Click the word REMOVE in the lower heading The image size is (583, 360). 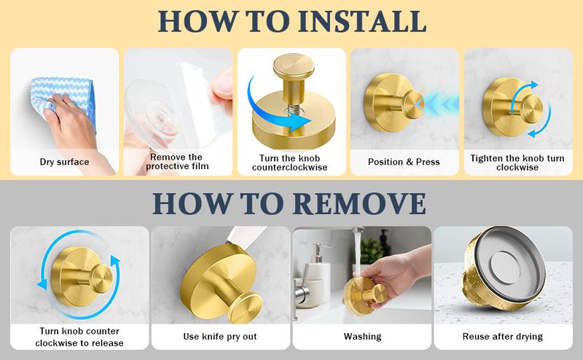(x=359, y=203)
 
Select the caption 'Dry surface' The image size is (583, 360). (x=64, y=162)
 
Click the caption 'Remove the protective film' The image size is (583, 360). (x=177, y=162)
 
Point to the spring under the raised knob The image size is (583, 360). (x=292, y=110)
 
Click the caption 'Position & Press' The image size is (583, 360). (x=404, y=162)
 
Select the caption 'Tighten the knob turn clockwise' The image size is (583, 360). (x=517, y=163)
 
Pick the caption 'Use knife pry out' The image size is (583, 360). (x=220, y=337)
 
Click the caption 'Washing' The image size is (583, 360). (x=362, y=337)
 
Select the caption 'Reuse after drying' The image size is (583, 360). (x=503, y=337)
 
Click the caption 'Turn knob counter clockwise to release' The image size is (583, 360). (x=79, y=337)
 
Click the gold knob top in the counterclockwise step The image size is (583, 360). (x=294, y=66)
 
